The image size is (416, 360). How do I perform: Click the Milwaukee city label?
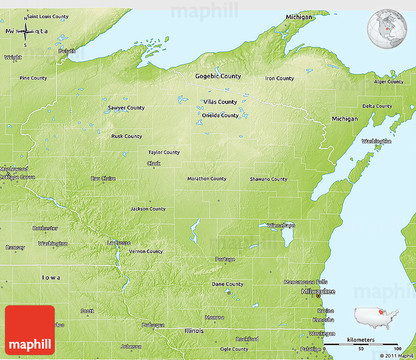pyautogui.click(x=318, y=291)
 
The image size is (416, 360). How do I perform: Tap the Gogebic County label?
pyautogui.click(x=218, y=76)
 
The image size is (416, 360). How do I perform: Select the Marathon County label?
pyautogui.click(x=207, y=179)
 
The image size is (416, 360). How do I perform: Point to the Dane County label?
pyautogui.click(x=227, y=284)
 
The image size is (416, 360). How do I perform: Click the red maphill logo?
pyautogui.click(x=30, y=330)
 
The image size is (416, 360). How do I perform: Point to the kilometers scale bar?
pyautogui.click(x=361, y=344)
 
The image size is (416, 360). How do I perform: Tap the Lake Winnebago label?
pyautogui.click(x=281, y=225)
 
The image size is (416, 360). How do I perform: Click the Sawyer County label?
pyautogui.click(x=126, y=108)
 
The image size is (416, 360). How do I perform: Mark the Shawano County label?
pyautogui.click(x=268, y=179)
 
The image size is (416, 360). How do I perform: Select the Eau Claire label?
pyautogui.click(x=103, y=179)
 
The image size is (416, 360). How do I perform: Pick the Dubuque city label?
pyautogui.click(x=153, y=325)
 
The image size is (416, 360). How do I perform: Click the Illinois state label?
pyautogui.click(x=194, y=331)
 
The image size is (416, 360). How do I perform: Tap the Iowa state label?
pyautogui.click(x=51, y=278)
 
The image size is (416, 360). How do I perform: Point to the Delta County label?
pyautogui.click(x=377, y=106)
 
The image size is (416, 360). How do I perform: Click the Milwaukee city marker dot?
pyautogui.click(x=318, y=296)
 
